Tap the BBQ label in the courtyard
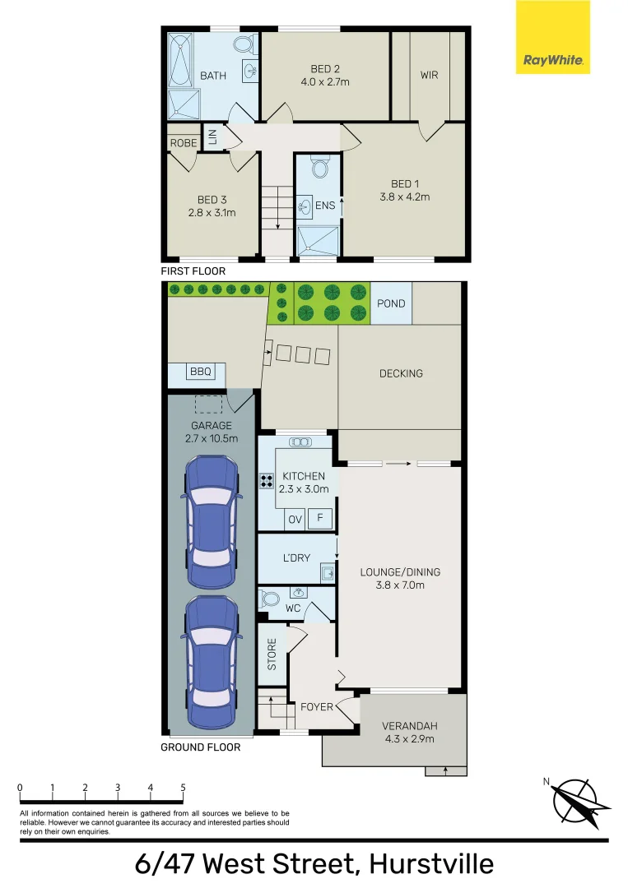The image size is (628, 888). click(201, 372)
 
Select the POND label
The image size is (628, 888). click(391, 303)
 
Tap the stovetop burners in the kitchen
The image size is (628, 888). click(267, 482)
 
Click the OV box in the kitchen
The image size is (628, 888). click(295, 520)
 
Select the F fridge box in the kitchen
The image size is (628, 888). click(321, 520)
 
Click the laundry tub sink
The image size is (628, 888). click(327, 571)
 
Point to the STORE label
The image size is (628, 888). click(272, 654)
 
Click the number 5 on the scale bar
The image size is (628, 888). click(183, 788)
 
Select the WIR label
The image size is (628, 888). click(429, 76)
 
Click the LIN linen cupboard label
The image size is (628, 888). click(212, 136)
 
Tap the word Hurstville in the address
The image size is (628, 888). click(431, 864)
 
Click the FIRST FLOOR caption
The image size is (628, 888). click(193, 271)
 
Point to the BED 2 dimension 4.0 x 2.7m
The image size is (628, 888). click(325, 81)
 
